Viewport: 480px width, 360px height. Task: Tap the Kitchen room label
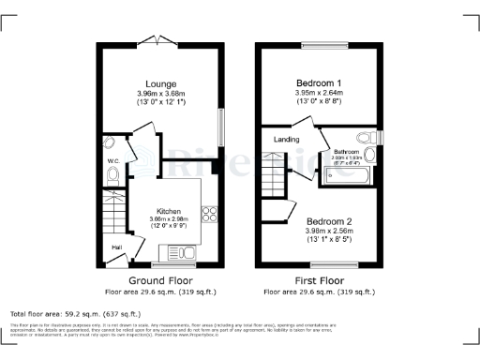tap(168, 211)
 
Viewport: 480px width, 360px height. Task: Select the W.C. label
tap(112, 161)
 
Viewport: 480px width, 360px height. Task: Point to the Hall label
tap(117, 247)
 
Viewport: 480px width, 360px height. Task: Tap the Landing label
tap(286, 141)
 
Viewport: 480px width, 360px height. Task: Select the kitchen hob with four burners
tap(209, 214)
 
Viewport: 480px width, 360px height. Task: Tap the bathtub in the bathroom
tap(347, 174)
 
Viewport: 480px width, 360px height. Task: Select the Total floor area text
tap(75, 312)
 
